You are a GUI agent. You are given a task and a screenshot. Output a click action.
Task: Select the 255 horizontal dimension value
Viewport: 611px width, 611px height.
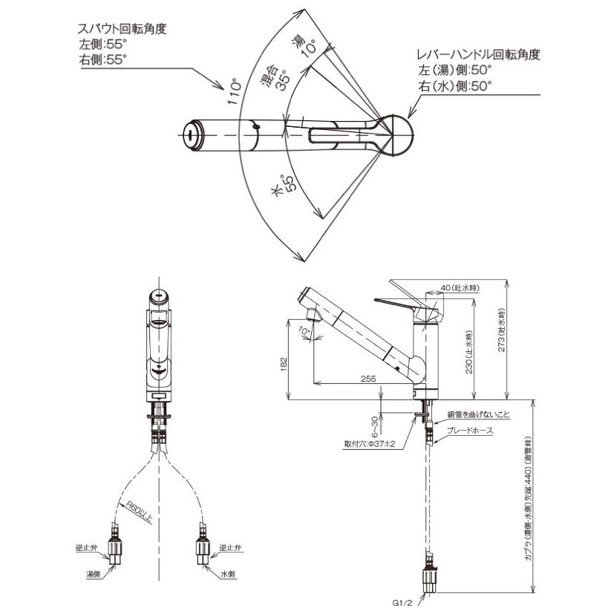click(x=367, y=379)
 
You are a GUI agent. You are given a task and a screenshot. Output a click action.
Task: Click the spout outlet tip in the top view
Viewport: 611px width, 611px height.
click(x=192, y=134)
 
